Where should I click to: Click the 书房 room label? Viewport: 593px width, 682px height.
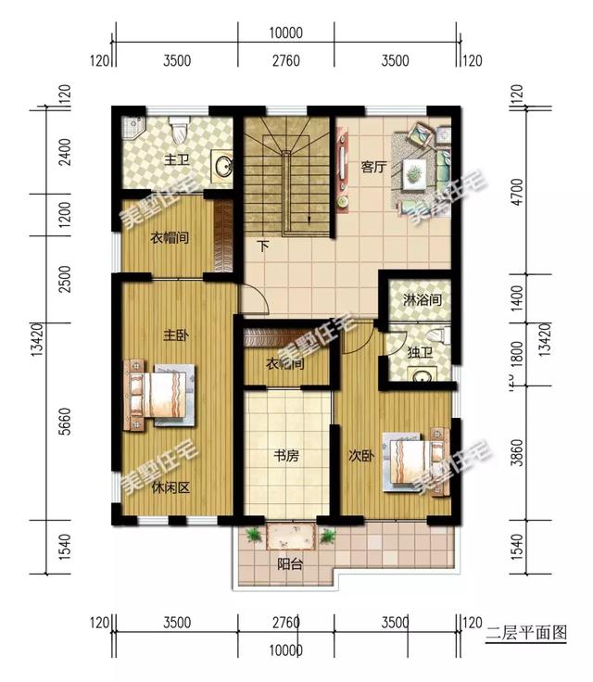click(x=285, y=456)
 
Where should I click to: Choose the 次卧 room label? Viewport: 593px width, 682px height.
click(x=360, y=456)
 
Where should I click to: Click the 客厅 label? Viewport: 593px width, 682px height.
click(x=373, y=168)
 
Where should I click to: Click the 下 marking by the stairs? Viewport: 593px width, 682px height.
click(x=263, y=246)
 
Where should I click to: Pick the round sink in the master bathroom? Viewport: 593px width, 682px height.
click(x=224, y=167)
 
